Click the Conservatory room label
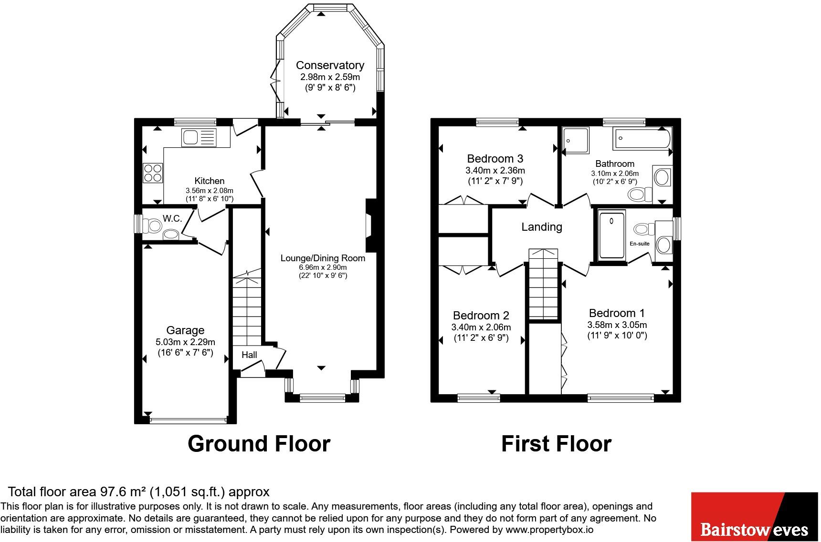point(330,65)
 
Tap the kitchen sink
point(199,137)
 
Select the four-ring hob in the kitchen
point(153,173)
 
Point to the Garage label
point(185,330)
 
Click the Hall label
point(249,355)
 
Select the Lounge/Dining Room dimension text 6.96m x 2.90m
point(323,267)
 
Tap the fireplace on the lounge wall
point(370,225)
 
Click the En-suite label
point(640,244)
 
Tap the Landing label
point(542,227)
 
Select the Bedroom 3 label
point(495,158)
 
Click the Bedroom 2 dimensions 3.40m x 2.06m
point(481,327)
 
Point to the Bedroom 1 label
point(617,313)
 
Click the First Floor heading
point(556,444)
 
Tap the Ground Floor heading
point(259,444)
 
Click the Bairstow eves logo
point(754,517)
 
